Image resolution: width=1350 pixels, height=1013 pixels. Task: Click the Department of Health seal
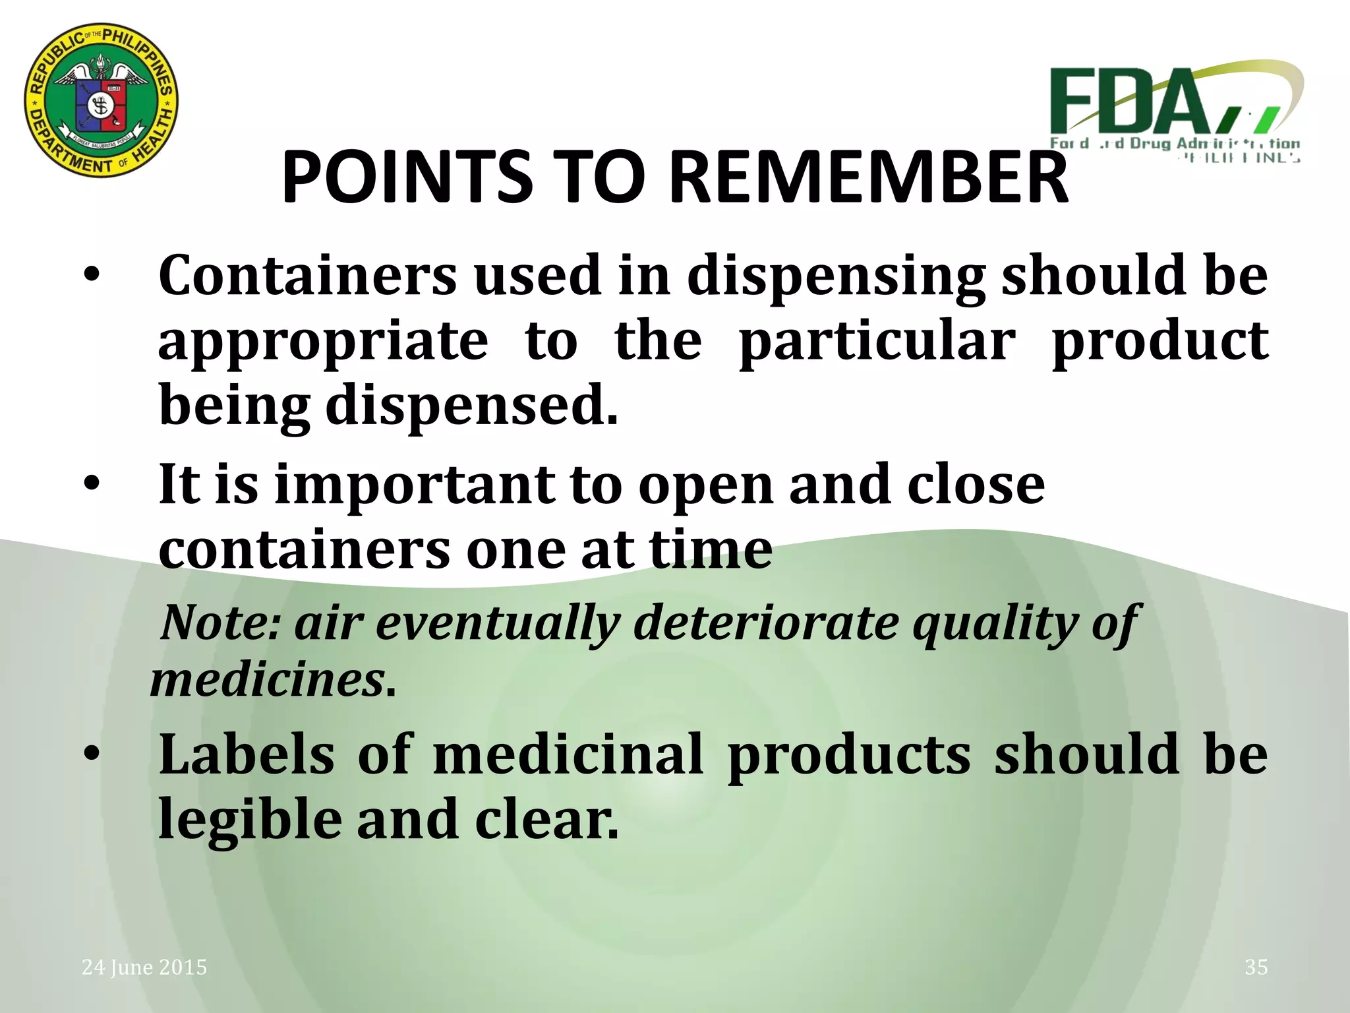(102, 100)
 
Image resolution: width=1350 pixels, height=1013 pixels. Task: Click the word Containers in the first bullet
(307, 276)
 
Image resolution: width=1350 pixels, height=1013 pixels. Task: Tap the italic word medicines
(268, 679)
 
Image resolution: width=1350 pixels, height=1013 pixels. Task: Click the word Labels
(247, 754)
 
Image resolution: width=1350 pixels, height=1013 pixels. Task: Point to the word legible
(250, 819)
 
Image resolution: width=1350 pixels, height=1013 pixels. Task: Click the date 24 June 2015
(144, 967)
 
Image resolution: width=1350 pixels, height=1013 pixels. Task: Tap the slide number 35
(1256, 967)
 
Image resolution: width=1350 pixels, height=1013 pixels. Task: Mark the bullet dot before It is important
(92, 483)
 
